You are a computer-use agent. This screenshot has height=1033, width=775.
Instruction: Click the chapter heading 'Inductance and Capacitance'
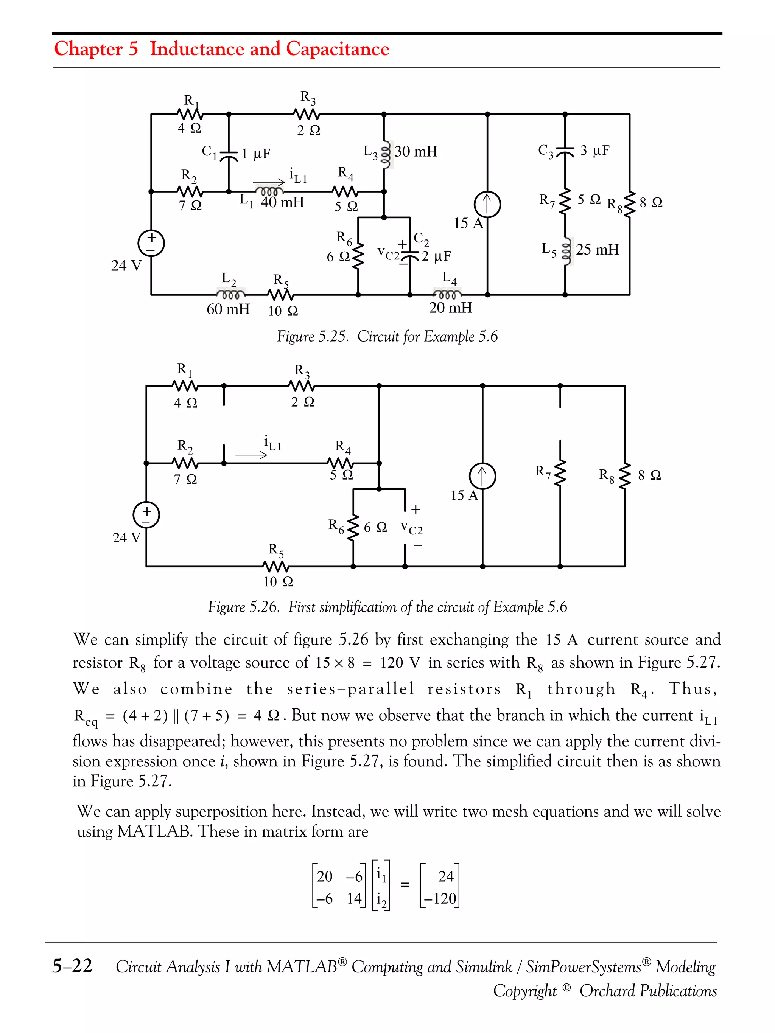(269, 48)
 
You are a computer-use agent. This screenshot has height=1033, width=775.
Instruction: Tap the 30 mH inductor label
(416, 151)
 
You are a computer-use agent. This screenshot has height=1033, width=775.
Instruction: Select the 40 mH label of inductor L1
(282, 202)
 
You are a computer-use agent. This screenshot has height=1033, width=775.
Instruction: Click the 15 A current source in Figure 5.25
(487, 205)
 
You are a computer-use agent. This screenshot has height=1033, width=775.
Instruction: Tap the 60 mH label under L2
(228, 309)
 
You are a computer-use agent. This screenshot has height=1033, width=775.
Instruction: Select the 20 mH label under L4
(450, 308)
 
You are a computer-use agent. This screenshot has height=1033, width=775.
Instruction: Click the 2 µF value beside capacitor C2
(436, 256)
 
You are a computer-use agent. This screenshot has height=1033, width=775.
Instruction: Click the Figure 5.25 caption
(387, 336)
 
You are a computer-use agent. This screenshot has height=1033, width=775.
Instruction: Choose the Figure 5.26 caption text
(387, 607)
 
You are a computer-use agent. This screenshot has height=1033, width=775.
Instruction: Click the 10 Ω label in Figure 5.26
(278, 581)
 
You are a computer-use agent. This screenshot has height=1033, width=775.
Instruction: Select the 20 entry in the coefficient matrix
(325, 876)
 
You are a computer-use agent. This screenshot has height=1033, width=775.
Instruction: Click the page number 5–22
(72, 965)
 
